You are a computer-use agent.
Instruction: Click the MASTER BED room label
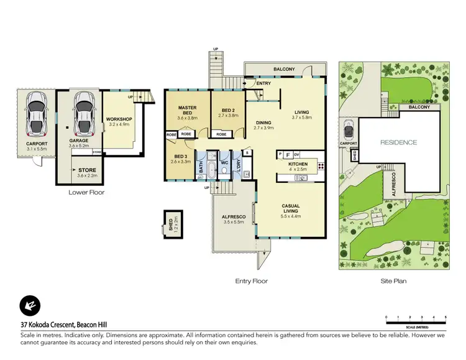tap(187, 110)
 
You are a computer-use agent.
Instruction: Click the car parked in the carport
tap(37, 114)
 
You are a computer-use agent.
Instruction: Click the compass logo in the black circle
tap(29, 305)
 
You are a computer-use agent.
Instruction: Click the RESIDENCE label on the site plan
tap(398, 142)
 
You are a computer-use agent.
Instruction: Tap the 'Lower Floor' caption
tap(86, 192)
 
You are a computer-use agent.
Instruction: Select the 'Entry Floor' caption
tap(251, 281)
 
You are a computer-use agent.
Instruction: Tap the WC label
tap(225, 164)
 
